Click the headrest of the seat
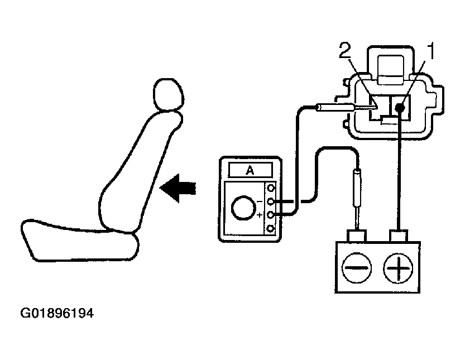165,94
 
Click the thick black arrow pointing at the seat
178,189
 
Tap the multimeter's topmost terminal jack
271,188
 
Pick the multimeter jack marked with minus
271,201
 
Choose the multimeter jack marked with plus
271,215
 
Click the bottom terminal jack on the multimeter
271,228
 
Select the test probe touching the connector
335,106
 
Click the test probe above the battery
356,190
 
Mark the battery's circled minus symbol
356,268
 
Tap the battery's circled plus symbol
397,268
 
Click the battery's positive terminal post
399,234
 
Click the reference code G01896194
56,314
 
